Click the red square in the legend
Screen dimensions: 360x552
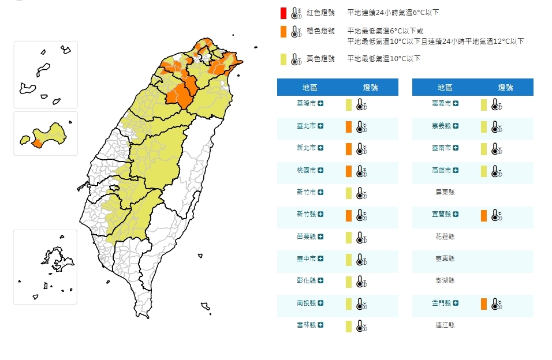284,13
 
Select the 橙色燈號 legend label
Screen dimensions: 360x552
320,31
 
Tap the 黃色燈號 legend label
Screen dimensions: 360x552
320,58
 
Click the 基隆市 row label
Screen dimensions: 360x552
306,103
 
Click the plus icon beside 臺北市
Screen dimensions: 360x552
320,126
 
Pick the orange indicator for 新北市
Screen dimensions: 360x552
349,149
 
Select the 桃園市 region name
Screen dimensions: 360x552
306,170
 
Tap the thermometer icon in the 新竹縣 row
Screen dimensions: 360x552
361,216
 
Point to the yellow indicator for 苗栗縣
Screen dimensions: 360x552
349,238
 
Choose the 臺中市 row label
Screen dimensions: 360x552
306,259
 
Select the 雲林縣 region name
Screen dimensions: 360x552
306,325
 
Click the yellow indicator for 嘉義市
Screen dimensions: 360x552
484,104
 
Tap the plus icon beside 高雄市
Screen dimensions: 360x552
456,170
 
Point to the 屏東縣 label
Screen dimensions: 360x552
445,192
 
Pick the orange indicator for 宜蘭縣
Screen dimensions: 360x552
484,215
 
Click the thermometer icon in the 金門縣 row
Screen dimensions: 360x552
496,303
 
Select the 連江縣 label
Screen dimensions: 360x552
445,325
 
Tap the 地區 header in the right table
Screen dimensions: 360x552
445,87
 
